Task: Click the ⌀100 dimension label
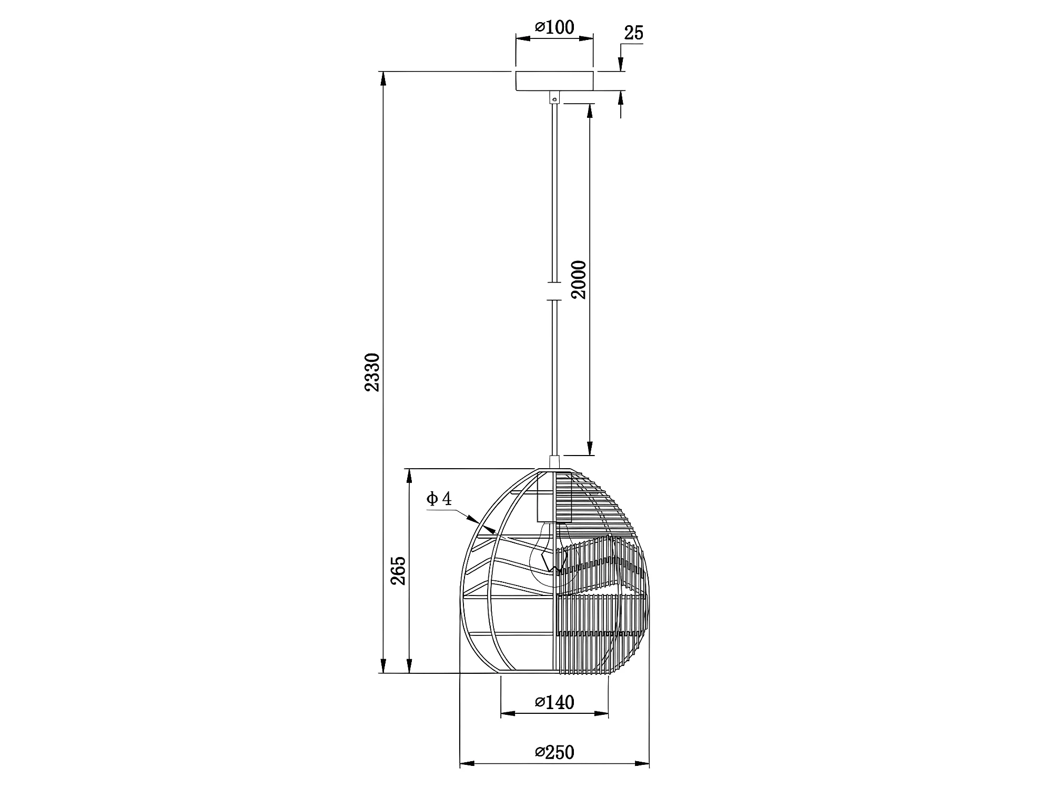tap(554, 27)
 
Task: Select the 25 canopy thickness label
tap(633, 33)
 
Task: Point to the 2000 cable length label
tap(579, 279)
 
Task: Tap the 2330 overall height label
tap(372, 372)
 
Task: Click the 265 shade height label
tap(398, 570)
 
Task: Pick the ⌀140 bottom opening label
tap(554, 702)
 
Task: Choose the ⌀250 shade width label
tap(554, 753)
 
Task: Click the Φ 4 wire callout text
tap(439, 498)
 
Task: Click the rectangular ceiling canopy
tap(554, 81)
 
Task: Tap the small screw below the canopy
tap(554, 98)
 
